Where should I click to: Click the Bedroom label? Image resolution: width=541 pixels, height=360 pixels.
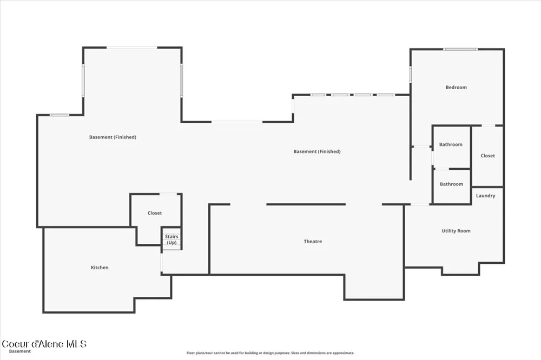[x=456, y=87]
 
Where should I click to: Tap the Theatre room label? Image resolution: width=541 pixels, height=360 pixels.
[x=313, y=242]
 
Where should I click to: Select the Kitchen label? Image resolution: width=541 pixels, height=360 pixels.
[x=100, y=267]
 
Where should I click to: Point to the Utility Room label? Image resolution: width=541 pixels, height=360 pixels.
[x=456, y=231]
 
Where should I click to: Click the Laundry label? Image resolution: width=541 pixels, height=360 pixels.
[x=485, y=196]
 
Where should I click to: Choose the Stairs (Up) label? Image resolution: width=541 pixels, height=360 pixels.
[x=171, y=239]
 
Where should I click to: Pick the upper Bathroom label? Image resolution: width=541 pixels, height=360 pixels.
[x=451, y=144]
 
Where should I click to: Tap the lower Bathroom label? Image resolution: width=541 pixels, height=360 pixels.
[x=451, y=184]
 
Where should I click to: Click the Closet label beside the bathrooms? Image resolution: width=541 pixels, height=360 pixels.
[x=487, y=156]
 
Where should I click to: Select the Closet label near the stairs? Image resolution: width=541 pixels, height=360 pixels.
[x=155, y=213]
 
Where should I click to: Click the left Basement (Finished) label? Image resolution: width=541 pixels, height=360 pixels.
[x=113, y=137]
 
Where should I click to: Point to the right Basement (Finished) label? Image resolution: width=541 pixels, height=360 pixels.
[x=317, y=151]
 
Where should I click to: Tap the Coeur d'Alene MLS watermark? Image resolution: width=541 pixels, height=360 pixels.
[x=44, y=344]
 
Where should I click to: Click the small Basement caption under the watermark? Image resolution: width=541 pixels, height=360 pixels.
[x=19, y=351]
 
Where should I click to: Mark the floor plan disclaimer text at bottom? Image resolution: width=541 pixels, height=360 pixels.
[x=270, y=353]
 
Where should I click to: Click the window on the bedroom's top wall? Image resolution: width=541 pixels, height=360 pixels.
[x=460, y=49]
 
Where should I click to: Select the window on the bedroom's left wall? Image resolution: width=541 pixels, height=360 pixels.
[x=411, y=74]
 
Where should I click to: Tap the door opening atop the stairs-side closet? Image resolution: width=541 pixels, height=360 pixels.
[x=168, y=194]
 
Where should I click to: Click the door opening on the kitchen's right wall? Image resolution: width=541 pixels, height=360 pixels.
[x=161, y=263]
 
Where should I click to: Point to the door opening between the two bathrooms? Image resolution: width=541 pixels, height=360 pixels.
[x=441, y=169]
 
